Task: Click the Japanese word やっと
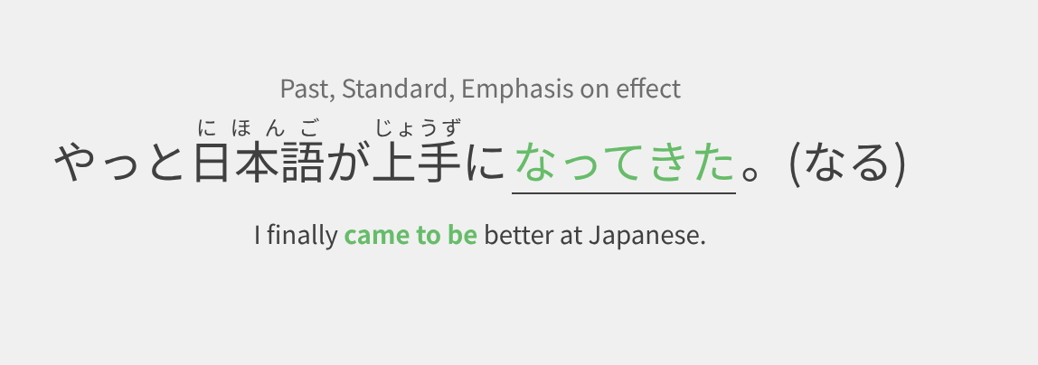(x=120, y=163)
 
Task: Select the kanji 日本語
(x=259, y=162)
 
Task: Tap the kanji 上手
(x=417, y=162)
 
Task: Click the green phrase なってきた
(x=624, y=163)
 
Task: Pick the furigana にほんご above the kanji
(x=259, y=126)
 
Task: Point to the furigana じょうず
(x=417, y=126)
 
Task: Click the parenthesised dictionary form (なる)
(x=846, y=163)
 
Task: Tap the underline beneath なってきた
(x=624, y=193)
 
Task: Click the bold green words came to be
(x=410, y=235)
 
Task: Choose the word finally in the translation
(x=302, y=235)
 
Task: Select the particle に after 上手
(x=486, y=163)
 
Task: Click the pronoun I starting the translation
(x=258, y=235)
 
